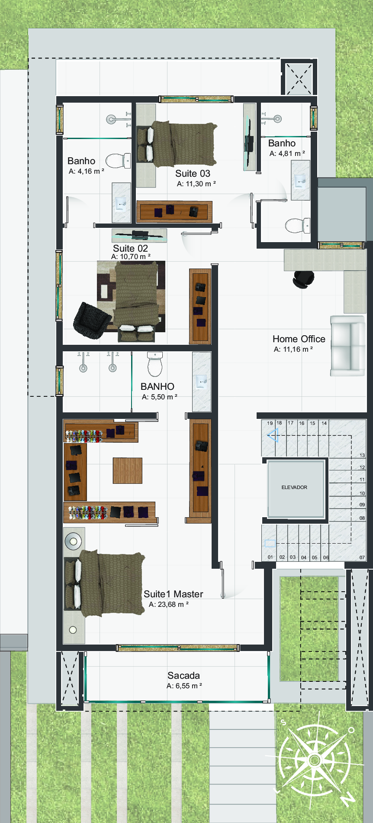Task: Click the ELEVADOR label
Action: [x=294, y=487]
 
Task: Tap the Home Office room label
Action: [x=299, y=339]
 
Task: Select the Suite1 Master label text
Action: [x=174, y=594]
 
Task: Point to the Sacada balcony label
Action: [x=184, y=675]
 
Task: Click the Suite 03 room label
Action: [x=193, y=173]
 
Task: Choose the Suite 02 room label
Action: [x=130, y=248]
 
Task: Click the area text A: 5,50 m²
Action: [x=160, y=397]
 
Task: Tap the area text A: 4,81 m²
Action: [x=287, y=153]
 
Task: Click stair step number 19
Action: [x=270, y=423]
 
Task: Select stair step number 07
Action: [x=362, y=557]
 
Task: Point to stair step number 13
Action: [x=362, y=455]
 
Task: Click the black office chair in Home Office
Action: [x=303, y=279]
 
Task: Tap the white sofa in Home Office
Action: [x=348, y=346]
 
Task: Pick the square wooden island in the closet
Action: [x=128, y=470]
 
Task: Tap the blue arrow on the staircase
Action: [x=273, y=435]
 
